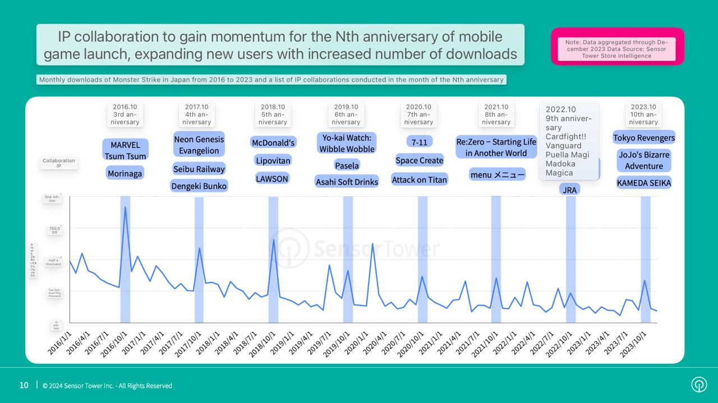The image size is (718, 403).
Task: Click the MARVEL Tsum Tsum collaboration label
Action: [x=125, y=150]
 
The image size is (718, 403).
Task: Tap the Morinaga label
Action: [x=125, y=174]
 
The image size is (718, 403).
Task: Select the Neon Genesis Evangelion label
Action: [x=199, y=145]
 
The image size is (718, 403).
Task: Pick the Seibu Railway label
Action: [x=199, y=169]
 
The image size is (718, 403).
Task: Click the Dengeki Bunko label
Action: [x=199, y=186]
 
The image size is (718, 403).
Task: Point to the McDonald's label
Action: [x=273, y=142]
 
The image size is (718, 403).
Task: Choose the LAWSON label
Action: [x=272, y=179]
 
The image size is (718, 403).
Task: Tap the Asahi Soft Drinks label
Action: [x=347, y=182]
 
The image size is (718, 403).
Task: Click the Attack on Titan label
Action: [x=419, y=179]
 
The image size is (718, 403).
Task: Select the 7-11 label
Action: [x=419, y=142]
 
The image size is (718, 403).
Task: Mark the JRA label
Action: [x=570, y=189]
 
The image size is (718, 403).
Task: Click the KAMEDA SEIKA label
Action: [x=643, y=183]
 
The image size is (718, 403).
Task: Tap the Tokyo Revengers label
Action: [x=643, y=138]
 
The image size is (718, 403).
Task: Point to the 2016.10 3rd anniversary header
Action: [x=125, y=114]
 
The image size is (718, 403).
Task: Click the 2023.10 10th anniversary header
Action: [x=643, y=114]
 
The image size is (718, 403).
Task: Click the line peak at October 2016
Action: [x=125, y=207]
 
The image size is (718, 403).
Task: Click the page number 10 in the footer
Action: [x=24, y=385]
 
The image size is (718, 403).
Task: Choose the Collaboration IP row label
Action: [x=58, y=163]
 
